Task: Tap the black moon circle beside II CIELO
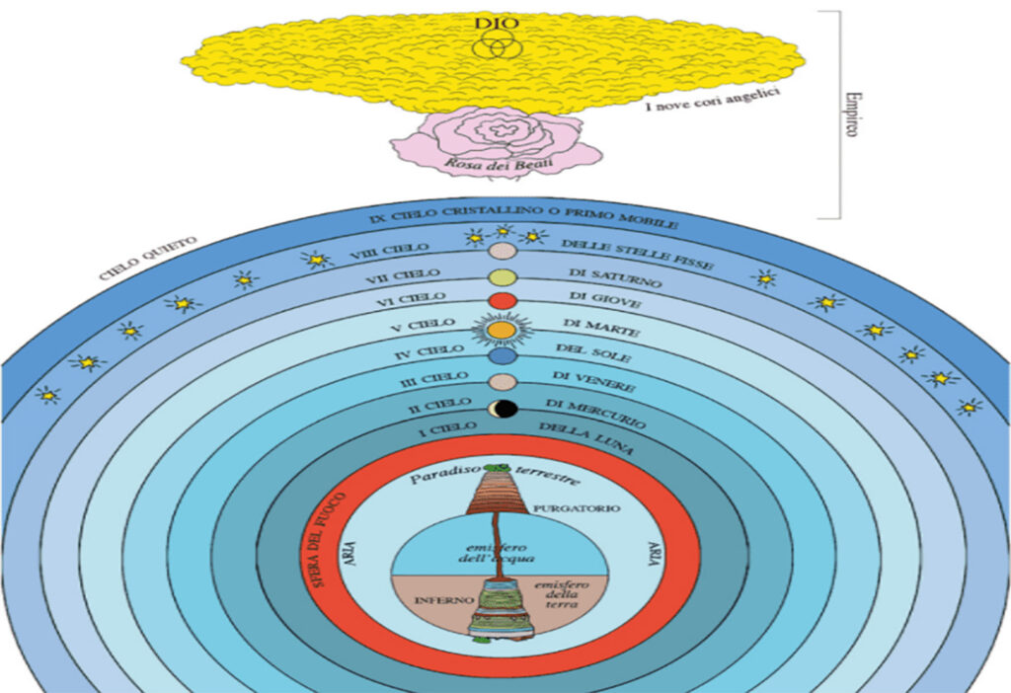pyautogui.click(x=505, y=408)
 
